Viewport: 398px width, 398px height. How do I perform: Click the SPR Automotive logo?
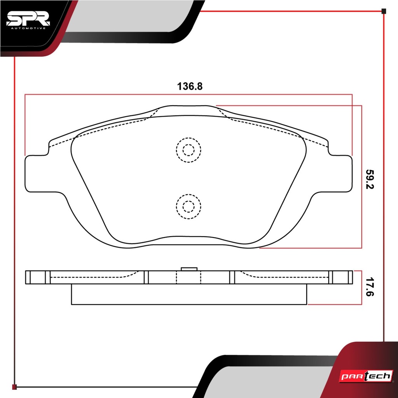click(x=28, y=20)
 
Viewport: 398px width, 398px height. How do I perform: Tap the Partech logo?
click(x=366, y=376)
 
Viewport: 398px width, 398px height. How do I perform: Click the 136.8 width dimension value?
click(x=190, y=86)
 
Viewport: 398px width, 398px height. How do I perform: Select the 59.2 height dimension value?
click(x=370, y=179)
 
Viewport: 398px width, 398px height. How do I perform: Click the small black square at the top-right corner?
click(x=384, y=11)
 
